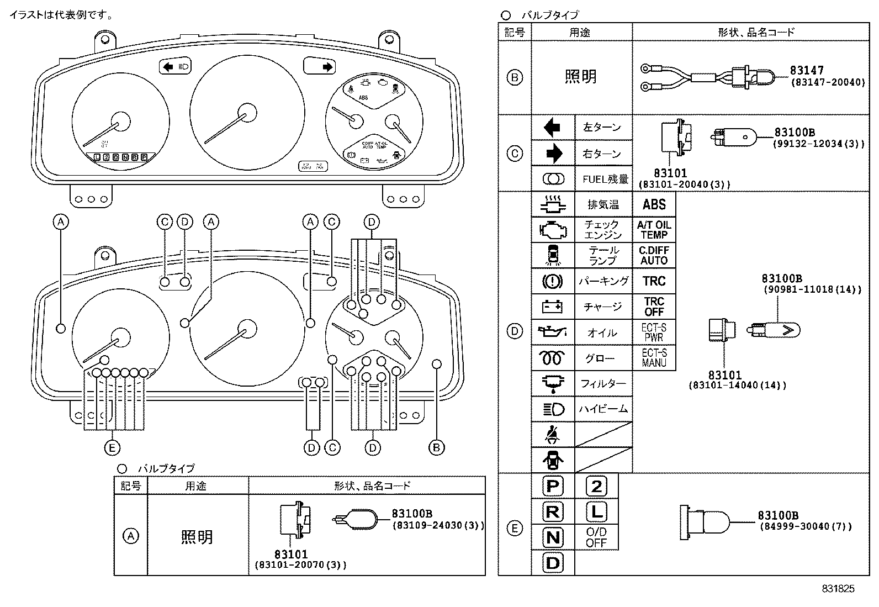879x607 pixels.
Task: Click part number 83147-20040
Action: tap(828, 82)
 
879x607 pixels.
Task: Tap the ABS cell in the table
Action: tap(654, 205)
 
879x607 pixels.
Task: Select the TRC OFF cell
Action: tap(654, 307)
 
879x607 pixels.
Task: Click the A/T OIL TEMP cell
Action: tap(654, 230)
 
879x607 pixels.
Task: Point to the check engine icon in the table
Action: tap(553, 230)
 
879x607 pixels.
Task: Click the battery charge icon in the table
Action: tap(553, 307)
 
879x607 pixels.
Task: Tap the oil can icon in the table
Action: tap(553, 332)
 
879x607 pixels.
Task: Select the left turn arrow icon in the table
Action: tap(553, 128)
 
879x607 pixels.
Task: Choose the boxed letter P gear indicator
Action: tap(553, 486)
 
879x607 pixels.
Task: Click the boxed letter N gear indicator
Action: tap(553, 537)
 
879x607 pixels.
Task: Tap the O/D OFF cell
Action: tap(596, 537)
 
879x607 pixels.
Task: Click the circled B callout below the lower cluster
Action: tap(436, 447)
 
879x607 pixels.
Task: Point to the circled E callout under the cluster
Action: tap(112, 447)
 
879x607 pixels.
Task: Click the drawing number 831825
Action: tap(838, 589)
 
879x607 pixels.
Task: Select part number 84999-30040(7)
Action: tap(806, 527)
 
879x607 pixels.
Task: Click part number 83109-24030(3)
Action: tap(438, 525)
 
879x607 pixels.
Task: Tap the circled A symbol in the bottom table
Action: tap(131, 536)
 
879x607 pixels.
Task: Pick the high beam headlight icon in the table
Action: tap(553, 409)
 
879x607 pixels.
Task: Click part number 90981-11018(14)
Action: tap(812, 290)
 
